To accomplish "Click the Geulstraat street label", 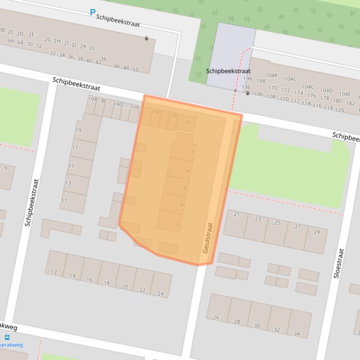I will pyautogui.click(x=207, y=238).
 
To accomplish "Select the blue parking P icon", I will pyautogui.click(x=93, y=13).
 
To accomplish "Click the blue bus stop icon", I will pyautogui.click(x=7, y=337).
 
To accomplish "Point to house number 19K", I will pyautogui.click(x=186, y=122).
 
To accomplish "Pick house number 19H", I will pyautogui.click(x=156, y=112).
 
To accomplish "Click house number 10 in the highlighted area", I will pyautogui.click(x=191, y=152).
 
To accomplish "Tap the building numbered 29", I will pyautogui.click(x=317, y=232).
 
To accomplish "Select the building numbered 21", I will pyautogui.click(x=236, y=214).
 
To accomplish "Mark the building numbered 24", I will pyautogui.click(x=161, y=294).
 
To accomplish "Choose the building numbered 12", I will pyautogui.click(x=54, y=272).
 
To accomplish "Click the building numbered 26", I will pyautogui.click(x=216, y=317).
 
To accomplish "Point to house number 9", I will pyautogui.click(x=6, y=168).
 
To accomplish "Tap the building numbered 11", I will pyautogui.click(x=64, y=201).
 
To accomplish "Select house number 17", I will pyautogui.click(x=75, y=148).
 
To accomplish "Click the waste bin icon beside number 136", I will pyautogui.click(x=248, y=93).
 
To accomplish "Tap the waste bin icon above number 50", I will pyautogui.click(x=147, y=38).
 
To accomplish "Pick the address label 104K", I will pyautogui.click(x=272, y=75).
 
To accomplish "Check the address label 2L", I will pyautogui.click(x=92, y=48).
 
